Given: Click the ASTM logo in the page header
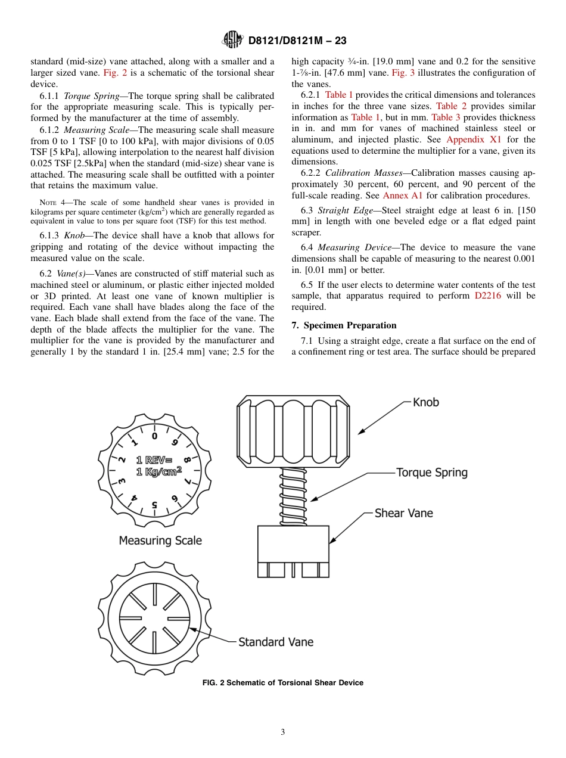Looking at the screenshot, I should point(232,40).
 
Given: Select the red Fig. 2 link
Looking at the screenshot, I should point(115,73).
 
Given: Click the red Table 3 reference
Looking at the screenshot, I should point(446,117).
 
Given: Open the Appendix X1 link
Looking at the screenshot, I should point(474,139).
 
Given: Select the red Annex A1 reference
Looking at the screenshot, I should point(402,195).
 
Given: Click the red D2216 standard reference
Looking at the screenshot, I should point(487,296).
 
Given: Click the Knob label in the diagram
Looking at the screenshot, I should point(425,402).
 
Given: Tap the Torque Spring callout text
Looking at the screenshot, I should point(432,473).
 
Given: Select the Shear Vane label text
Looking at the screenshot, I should point(403,513).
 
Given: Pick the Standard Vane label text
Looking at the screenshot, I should point(276,642).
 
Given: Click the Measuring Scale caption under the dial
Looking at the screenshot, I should point(160,540).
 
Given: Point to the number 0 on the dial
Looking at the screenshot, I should point(155,436).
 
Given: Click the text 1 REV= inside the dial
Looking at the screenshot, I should point(154,459).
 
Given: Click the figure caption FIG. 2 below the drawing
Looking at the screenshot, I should point(283,683).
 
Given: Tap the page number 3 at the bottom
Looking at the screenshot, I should point(283,732).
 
